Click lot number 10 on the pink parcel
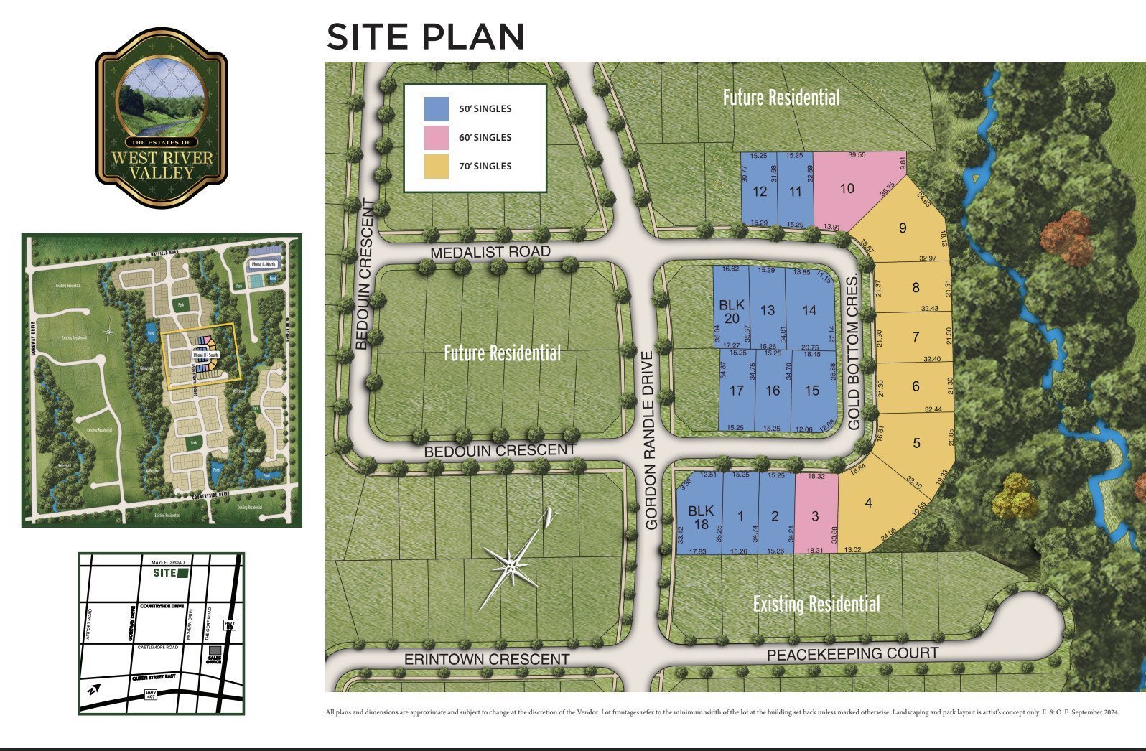(x=847, y=188)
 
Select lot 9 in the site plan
(x=903, y=228)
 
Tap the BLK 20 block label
(x=732, y=312)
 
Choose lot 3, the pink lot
(x=815, y=516)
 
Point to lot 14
(x=809, y=310)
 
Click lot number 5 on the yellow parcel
(x=916, y=443)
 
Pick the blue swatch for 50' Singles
(x=437, y=109)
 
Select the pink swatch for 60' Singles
(x=437, y=137)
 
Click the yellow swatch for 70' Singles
(x=437, y=166)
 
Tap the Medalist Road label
(x=490, y=253)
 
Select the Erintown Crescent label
(x=486, y=659)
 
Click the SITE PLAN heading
(x=425, y=37)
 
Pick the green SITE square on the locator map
(x=183, y=573)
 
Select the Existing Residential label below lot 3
(x=816, y=604)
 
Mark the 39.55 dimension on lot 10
(x=857, y=155)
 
